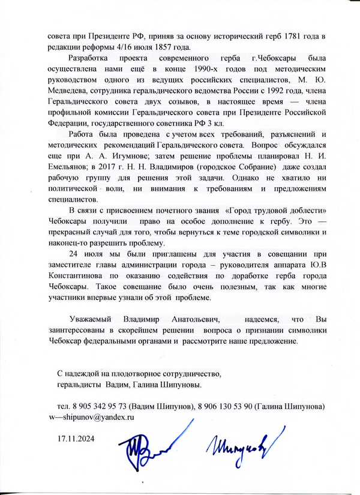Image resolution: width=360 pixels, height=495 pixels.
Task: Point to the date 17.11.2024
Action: pyautogui.click(x=76, y=438)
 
